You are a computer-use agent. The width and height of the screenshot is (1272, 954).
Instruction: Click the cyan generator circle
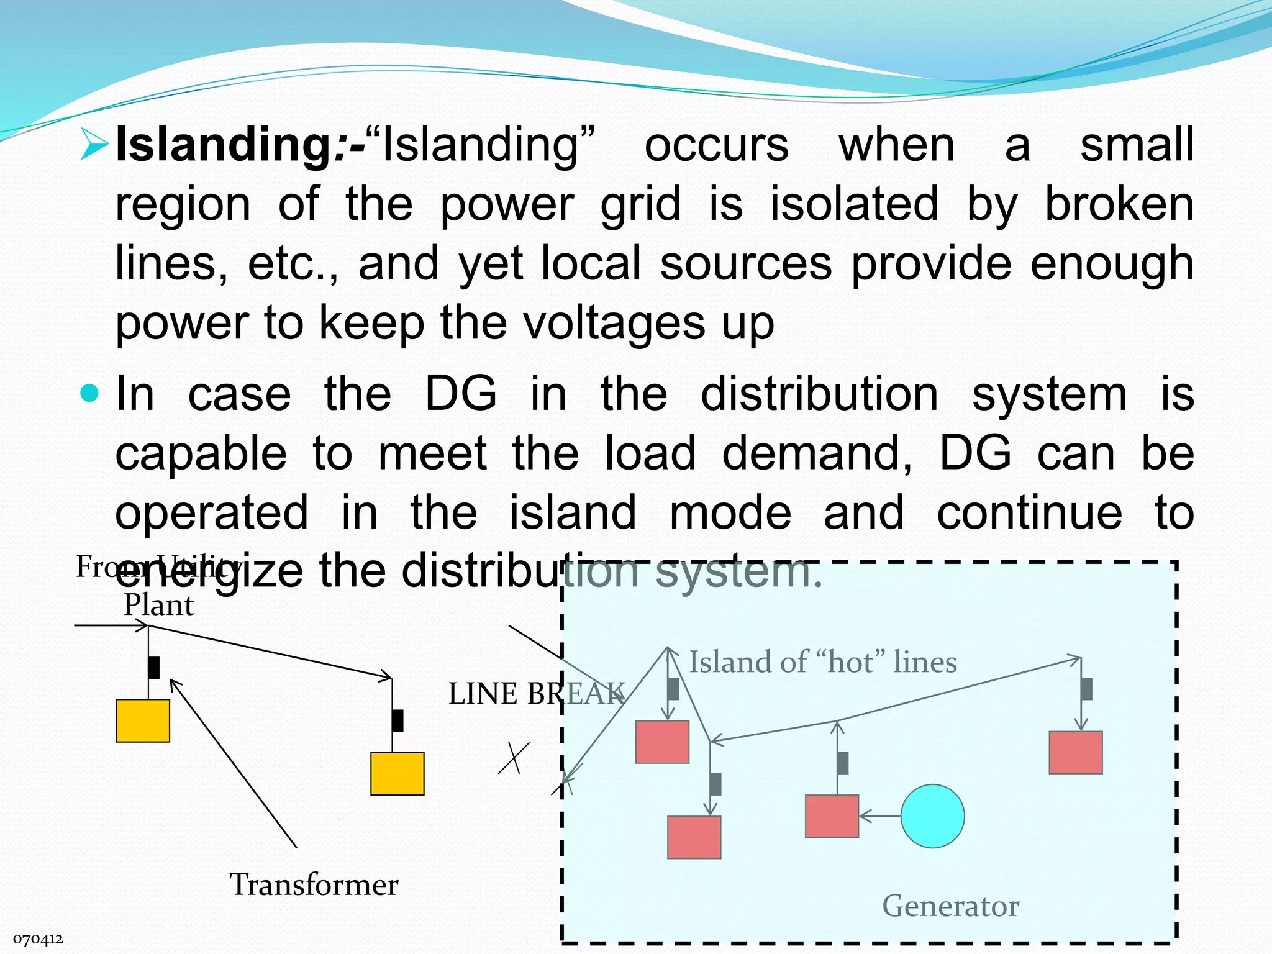pyautogui.click(x=932, y=816)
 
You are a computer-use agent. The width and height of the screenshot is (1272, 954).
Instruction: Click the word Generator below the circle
pyautogui.click(x=950, y=906)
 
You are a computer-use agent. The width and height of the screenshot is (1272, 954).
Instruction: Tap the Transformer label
pyautogui.click(x=314, y=884)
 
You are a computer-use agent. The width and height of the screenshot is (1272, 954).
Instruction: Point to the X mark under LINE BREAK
pyautogui.click(x=514, y=758)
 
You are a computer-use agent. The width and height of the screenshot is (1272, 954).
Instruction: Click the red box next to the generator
pyautogui.click(x=832, y=816)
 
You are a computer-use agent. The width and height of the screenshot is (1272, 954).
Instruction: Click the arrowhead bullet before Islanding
pyautogui.click(x=94, y=145)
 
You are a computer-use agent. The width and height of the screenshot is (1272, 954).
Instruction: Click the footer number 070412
pyautogui.click(x=38, y=939)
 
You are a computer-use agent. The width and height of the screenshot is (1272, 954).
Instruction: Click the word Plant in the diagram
pyautogui.click(x=159, y=605)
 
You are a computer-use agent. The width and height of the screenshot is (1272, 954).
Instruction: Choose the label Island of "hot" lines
pyautogui.click(x=823, y=662)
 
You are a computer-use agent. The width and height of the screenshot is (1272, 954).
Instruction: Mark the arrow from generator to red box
pyautogui.click(x=879, y=816)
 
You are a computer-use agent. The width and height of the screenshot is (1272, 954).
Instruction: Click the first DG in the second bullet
pyautogui.click(x=460, y=394)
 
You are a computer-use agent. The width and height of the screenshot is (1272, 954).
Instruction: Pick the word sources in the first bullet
pyautogui.click(x=745, y=263)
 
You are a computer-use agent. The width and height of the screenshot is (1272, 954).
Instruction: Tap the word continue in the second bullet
pyautogui.click(x=1029, y=512)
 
